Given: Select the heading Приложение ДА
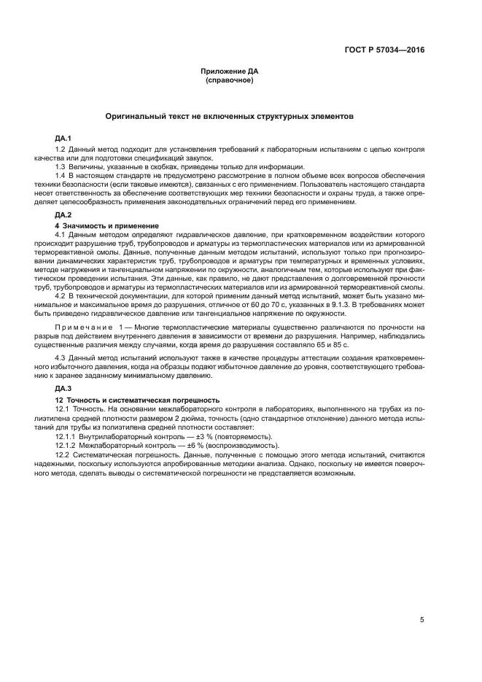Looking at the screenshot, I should [x=230, y=71].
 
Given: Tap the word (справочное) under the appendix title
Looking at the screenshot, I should [x=230, y=80].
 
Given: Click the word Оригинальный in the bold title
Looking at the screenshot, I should [x=138, y=116].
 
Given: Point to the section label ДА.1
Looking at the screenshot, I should [x=63, y=139].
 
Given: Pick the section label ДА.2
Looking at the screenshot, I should [x=63, y=215].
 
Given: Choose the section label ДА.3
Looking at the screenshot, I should [x=63, y=389].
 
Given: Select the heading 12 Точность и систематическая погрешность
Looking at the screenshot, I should [x=138, y=400].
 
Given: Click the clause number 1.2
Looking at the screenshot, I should [x=61, y=150].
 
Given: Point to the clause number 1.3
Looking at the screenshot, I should [x=61, y=166].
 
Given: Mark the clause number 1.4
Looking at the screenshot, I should [x=61, y=176].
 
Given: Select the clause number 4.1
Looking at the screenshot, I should [x=61, y=235].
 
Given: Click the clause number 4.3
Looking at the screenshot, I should [x=61, y=357].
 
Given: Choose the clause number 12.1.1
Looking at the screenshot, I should [x=67, y=435].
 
